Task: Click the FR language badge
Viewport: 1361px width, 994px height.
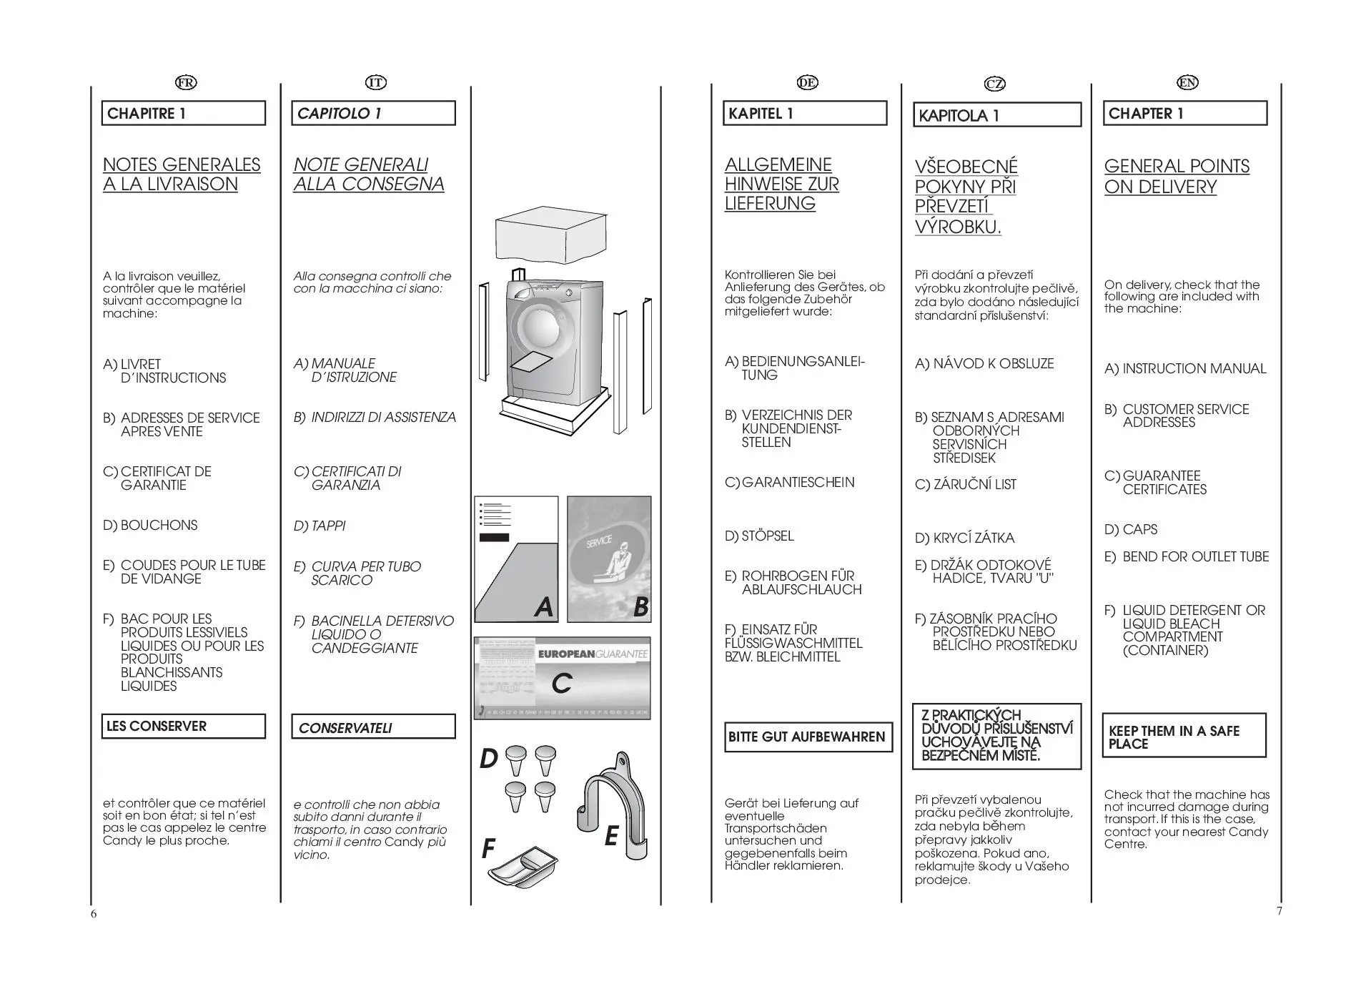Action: point(186,82)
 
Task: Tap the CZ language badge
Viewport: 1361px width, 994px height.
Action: point(994,84)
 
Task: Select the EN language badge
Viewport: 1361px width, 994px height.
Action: point(1187,83)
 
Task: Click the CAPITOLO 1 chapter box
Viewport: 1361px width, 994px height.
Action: point(373,113)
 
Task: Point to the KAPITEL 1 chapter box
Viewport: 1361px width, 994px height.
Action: point(805,113)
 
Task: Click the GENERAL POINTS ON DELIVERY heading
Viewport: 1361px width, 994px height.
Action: point(1177,177)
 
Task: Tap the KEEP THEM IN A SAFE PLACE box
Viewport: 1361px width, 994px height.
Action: point(1184,736)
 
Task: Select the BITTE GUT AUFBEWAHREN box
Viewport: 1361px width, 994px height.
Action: point(808,737)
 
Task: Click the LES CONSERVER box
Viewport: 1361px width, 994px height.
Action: point(184,726)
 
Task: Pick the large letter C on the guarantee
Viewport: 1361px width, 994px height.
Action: point(562,684)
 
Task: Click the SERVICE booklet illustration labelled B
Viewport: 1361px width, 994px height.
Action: point(609,558)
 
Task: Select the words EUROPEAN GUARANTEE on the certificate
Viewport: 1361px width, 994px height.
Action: point(593,654)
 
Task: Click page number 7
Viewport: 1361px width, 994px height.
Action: point(1279,911)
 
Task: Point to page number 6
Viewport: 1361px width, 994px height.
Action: point(94,914)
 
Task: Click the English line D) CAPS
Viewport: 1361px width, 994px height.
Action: point(1130,530)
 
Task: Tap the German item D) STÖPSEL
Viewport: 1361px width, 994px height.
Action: point(759,536)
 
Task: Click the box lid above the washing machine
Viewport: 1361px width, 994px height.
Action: point(552,235)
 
